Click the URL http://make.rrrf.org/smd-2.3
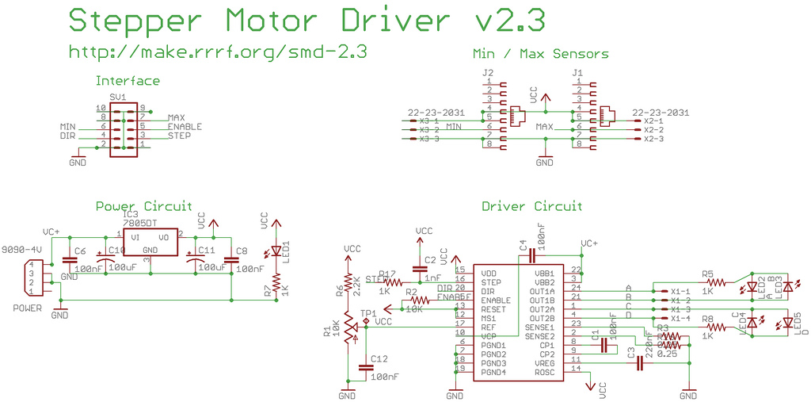(218, 52)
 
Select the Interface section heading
(128, 81)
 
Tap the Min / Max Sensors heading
(540, 55)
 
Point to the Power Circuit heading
(143, 206)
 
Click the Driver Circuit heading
(531, 206)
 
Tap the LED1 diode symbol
(276, 251)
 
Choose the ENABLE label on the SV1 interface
(185, 127)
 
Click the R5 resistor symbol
(716, 281)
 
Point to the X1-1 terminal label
(680, 291)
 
